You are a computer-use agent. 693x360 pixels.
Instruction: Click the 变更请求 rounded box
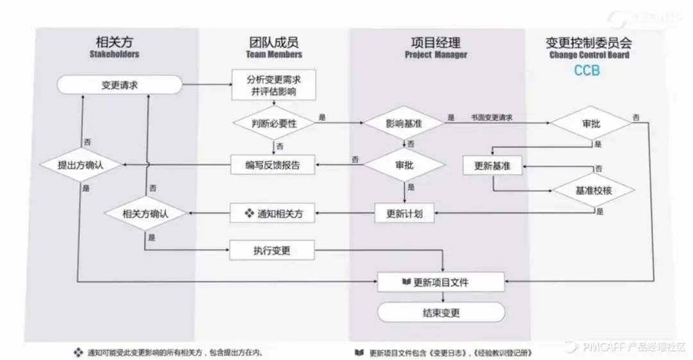click(x=119, y=85)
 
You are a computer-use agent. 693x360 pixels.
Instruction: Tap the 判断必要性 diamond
click(x=273, y=123)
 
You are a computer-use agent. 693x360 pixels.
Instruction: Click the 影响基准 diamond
click(x=404, y=123)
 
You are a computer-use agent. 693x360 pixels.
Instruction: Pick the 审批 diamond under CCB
click(x=591, y=123)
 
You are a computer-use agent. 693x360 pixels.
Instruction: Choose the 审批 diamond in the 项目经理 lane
click(x=404, y=165)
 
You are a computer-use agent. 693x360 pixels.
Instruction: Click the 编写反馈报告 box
click(x=273, y=165)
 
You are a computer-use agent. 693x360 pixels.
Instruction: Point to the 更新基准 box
click(x=493, y=166)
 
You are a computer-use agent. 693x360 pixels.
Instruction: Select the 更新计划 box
click(x=404, y=213)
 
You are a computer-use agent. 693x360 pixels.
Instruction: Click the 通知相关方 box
click(x=273, y=213)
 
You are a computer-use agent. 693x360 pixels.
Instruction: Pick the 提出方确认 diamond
click(x=80, y=165)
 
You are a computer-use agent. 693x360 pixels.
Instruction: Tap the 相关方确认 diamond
click(x=145, y=213)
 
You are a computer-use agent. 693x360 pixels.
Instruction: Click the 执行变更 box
click(x=272, y=250)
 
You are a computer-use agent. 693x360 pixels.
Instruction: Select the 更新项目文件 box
click(x=441, y=282)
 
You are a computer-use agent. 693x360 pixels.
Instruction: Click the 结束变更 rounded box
click(x=441, y=313)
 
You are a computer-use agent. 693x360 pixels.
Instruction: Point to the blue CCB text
click(x=586, y=71)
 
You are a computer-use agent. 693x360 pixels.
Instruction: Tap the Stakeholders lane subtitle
click(x=114, y=55)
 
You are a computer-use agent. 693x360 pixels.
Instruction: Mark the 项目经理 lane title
click(x=436, y=42)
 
